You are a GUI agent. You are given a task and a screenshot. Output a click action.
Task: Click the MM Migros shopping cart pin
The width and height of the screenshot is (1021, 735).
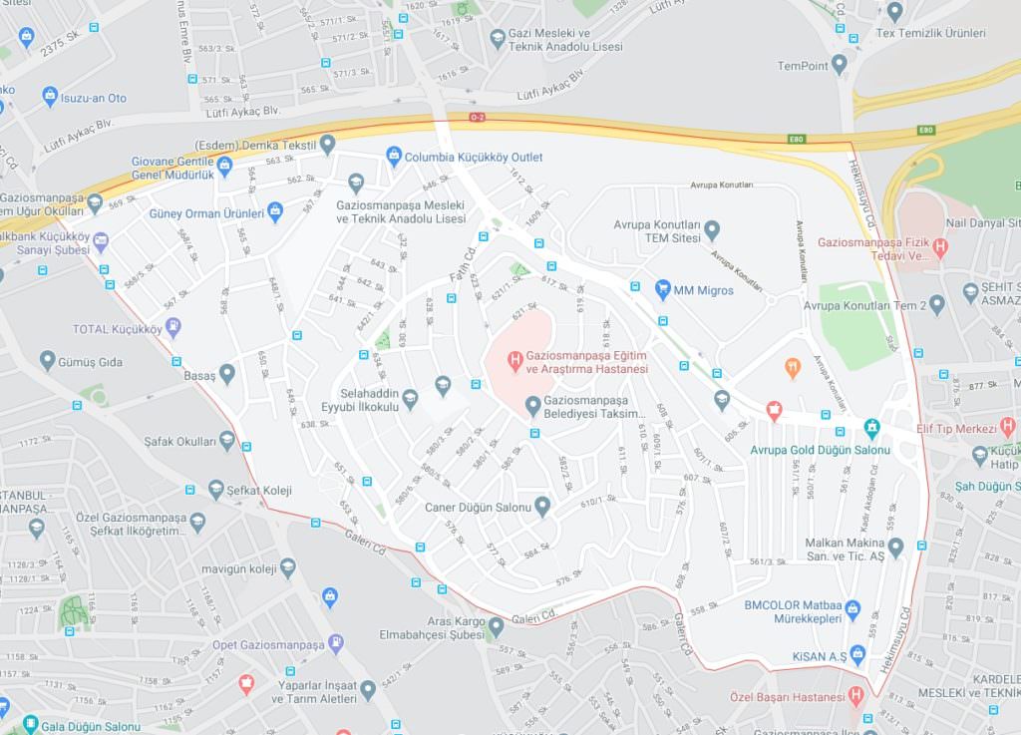(663, 290)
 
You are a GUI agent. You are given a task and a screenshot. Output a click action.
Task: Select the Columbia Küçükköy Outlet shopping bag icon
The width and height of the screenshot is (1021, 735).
(394, 157)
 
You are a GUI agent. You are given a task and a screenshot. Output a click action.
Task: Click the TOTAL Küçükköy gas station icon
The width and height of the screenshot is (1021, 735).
(173, 327)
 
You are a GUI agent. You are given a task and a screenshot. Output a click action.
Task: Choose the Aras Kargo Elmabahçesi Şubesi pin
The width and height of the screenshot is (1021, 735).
(496, 626)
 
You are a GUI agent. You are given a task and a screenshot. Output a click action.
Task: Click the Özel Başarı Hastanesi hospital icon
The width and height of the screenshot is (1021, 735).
(856, 696)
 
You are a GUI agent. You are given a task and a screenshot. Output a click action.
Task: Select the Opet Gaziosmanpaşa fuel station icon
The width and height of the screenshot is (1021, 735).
(335, 643)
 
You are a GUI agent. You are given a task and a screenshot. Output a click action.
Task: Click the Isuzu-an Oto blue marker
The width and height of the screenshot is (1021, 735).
(50, 97)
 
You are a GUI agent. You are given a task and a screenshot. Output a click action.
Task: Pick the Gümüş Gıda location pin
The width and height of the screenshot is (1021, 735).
(47, 361)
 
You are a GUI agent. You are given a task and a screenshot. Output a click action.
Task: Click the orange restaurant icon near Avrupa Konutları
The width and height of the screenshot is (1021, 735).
(793, 368)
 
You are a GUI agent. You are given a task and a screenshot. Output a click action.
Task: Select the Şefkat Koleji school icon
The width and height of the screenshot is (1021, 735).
(216, 489)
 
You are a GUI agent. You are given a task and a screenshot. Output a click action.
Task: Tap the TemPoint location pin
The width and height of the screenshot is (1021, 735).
(839, 65)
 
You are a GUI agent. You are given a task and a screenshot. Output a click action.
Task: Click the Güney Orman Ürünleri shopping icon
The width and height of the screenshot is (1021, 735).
(276, 211)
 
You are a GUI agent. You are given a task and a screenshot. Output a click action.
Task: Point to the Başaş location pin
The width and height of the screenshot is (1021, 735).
(227, 374)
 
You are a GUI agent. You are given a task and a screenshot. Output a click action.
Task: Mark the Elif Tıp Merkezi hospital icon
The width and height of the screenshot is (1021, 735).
(1007, 427)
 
